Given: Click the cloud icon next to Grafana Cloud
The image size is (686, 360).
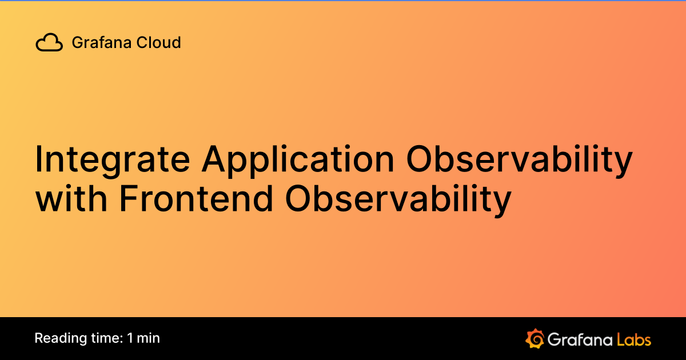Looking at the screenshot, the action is coord(49,43).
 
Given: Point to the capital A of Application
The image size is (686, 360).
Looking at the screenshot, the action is coord(213,160).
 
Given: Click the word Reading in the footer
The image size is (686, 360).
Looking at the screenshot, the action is coord(58,338).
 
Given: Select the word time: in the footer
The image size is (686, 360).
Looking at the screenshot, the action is coord(104,338).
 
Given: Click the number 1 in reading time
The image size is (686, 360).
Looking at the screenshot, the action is coord(130,338).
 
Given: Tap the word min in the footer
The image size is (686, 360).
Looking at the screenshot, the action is coord(149,338).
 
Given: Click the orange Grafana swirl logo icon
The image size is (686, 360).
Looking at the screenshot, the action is coord(534,338).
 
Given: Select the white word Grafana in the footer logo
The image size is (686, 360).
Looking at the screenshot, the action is coord(579,339).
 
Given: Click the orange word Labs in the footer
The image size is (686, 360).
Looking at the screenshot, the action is coord(633,339).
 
